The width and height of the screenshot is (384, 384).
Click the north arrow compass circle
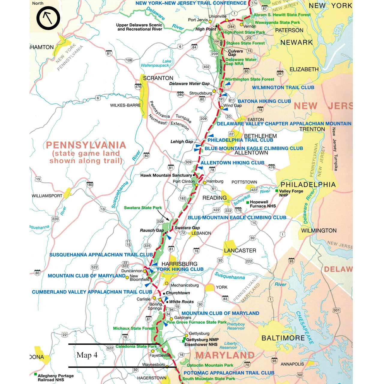(48, 18)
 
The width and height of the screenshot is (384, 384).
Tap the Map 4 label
(87, 355)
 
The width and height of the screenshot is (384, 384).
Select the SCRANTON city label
(158, 78)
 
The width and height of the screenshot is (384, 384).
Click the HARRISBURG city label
(179, 264)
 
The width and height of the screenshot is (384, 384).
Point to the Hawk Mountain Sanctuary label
(166, 175)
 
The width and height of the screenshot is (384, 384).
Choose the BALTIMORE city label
(283, 338)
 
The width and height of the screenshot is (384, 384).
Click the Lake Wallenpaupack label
(156, 63)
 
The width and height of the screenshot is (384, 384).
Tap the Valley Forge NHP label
(291, 193)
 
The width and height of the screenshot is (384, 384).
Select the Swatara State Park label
(143, 208)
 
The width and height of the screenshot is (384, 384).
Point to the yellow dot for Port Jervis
(210, 22)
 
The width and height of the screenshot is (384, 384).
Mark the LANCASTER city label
(240, 250)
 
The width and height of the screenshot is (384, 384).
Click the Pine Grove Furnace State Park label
(196, 322)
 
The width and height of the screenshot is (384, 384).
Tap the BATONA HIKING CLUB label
(264, 101)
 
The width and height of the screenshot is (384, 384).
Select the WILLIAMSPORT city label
(47, 196)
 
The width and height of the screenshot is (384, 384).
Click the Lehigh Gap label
(181, 141)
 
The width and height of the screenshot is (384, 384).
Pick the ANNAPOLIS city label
(292, 364)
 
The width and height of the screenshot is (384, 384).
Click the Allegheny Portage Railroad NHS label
(55, 378)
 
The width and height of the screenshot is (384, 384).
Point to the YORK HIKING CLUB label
(180, 269)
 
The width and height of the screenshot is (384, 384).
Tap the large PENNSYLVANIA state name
(86, 145)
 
